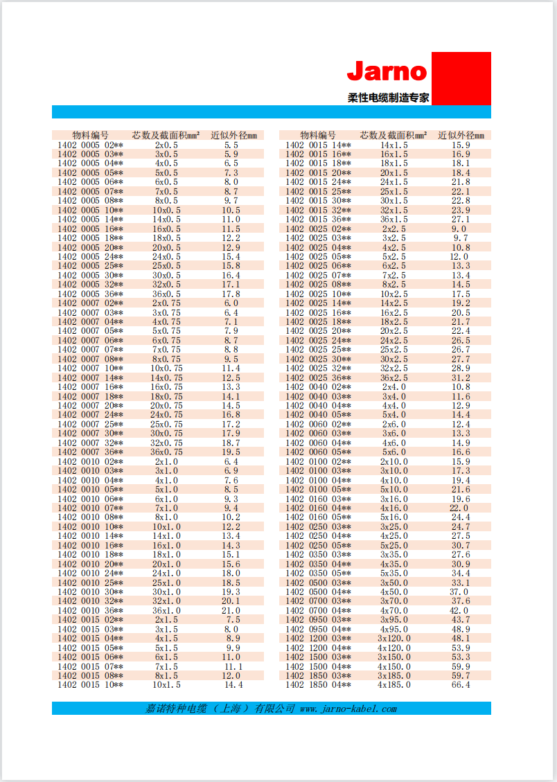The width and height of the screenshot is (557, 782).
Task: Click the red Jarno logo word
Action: click(387, 71)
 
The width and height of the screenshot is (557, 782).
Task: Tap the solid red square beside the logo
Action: click(461, 78)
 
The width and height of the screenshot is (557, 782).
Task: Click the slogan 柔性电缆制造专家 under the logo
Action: click(388, 98)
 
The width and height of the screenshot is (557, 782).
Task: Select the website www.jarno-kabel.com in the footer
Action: click(348, 709)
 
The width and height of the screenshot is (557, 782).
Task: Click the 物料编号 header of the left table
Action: click(90, 135)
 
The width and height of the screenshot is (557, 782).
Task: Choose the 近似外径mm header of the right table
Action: click(461, 135)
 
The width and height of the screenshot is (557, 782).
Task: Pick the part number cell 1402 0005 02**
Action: click(90, 145)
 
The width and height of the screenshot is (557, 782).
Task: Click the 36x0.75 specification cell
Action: click(166, 452)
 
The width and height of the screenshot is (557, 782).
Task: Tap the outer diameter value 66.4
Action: click(461, 685)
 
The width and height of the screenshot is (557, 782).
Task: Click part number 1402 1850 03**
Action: click(318, 675)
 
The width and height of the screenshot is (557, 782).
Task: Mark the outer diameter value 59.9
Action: click(461, 666)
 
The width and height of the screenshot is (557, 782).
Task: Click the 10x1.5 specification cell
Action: click(166, 685)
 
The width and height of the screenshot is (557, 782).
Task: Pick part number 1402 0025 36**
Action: click(318, 378)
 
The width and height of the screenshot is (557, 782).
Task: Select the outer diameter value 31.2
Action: click(461, 378)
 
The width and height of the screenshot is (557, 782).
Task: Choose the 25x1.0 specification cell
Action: click(166, 583)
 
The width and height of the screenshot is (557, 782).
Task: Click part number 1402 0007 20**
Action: click(90, 406)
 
